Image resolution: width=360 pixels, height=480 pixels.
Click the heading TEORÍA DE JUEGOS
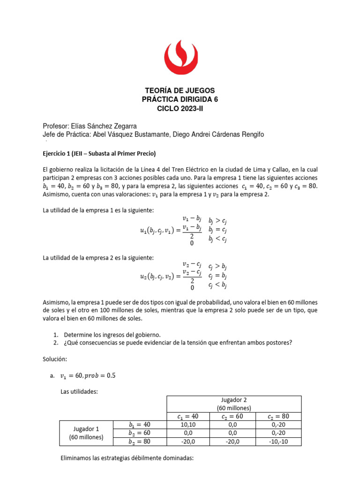pyautogui.click(x=180, y=90)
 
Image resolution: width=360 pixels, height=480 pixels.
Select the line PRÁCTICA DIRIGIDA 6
pyautogui.click(x=180, y=99)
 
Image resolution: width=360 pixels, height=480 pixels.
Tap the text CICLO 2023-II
pyautogui.click(x=180, y=108)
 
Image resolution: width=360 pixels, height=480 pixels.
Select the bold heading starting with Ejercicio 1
pyautogui.click(x=99, y=153)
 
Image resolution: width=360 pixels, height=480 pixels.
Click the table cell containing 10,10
pyautogui.click(x=188, y=425)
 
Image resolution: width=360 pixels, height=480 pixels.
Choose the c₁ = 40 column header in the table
pyautogui.click(x=188, y=416)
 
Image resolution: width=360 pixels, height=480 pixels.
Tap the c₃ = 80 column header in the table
pyautogui.click(x=278, y=416)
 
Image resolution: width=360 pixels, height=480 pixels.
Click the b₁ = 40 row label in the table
pyautogui.click(x=140, y=425)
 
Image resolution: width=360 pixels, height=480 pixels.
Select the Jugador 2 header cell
pyautogui.click(x=233, y=404)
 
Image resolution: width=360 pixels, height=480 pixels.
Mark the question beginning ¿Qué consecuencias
pyautogui.click(x=177, y=343)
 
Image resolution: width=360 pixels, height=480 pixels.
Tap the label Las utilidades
pyautogui.click(x=79, y=391)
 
